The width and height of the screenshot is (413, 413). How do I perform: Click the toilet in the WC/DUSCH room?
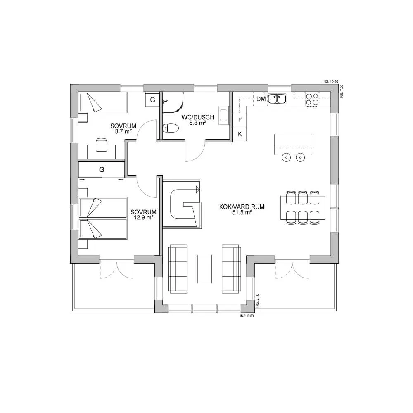pyautogui.click(x=170, y=129)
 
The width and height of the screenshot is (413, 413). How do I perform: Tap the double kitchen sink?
pyautogui.click(x=277, y=99)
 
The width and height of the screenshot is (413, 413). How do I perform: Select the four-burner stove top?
pyautogui.click(x=312, y=99)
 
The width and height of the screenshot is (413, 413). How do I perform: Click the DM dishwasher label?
pyautogui.click(x=261, y=99)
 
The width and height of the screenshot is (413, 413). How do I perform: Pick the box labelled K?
pyautogui.click(x=240, y=134)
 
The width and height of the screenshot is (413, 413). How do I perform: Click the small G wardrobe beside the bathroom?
pyautogui.click(x=152, y=100)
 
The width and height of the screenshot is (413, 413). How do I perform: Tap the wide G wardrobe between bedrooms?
pyautogui.click(x=102, y=169)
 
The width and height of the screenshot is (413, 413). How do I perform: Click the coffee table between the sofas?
pyautogui.click(x=204, y=268)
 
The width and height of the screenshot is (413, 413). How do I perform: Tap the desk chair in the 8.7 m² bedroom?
pyautogui.click(x=101, y=144)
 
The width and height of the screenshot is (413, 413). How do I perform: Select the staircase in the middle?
pyautogui.click(x=182, y=204)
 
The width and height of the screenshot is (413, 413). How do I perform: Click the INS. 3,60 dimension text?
pyautogui.click(x=247, y=316)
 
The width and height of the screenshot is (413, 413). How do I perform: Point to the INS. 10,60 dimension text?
pyautogui.click(x=330, y=82)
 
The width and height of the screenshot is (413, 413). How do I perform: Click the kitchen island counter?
pyautogui.click(x=293, y=144)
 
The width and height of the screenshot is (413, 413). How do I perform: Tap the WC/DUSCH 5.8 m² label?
pyautogui.click(x=198, y=120)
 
